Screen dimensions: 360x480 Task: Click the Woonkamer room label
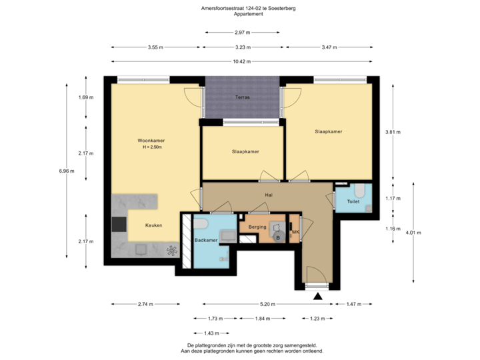pyautogui.click(x=151, y=141)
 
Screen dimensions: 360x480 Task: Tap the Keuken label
pyautogui.click(x=154, y=225)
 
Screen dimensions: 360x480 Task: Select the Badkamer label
pyautogui.click(x=205, y=239)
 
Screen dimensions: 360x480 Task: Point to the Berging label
pyautogui.click(x=257, y=227)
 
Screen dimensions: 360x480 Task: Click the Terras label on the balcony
pyautogui.click(x=242, y=97)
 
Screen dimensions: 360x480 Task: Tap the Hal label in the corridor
pyautogui.click(x=269, y=195)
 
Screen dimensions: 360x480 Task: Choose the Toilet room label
pyautogui.click(x=353, y=201)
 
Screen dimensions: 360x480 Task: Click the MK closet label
pyautogui.click(x=295, y=232)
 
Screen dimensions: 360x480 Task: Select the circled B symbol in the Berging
pyautogui.click(x=277, y=237)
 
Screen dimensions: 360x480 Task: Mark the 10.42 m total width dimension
pyautogui.click(x=241, y=61)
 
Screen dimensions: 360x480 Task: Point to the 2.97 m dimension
pyautogui.click(x=241, y=32)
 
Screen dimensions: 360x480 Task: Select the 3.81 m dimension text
pyautogui.click(x=393, y=132)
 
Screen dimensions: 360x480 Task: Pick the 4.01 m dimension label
pyautogui.click(x=414, y=233)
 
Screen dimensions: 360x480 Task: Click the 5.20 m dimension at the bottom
pyautogui.click(x=264, y=304)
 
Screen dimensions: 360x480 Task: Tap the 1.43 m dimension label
pyautogui.click(x=211, y=333)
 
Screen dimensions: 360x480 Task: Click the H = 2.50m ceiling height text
pyautogui.click(x=152, y=147)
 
